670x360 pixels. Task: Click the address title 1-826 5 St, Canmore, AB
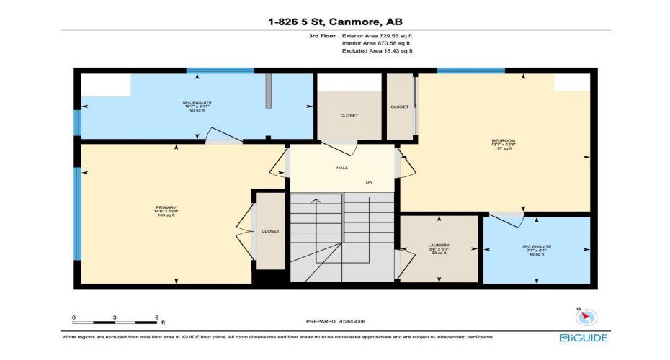click(334, 22)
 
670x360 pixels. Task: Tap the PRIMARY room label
click(166, 207)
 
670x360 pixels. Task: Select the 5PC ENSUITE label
click(197, 103)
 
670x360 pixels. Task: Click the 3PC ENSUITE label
click(536, 246)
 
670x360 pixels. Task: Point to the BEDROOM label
click(504, 140)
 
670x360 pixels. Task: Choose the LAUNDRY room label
click(438, 245)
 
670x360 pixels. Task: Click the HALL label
click(342, 168)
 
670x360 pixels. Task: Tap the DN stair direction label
click(369, 182)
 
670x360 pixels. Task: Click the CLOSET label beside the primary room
click(270, 231)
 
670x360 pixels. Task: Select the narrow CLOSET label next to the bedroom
click(399, 107)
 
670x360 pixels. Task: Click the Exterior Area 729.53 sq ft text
click(377, 35)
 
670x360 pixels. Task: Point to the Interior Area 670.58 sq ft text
click(377, 42)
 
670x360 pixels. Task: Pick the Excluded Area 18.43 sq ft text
click(377, 50)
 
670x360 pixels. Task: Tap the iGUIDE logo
click(583, 337)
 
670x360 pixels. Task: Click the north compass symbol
click(586, 315)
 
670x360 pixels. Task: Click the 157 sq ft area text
click(504, 148)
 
